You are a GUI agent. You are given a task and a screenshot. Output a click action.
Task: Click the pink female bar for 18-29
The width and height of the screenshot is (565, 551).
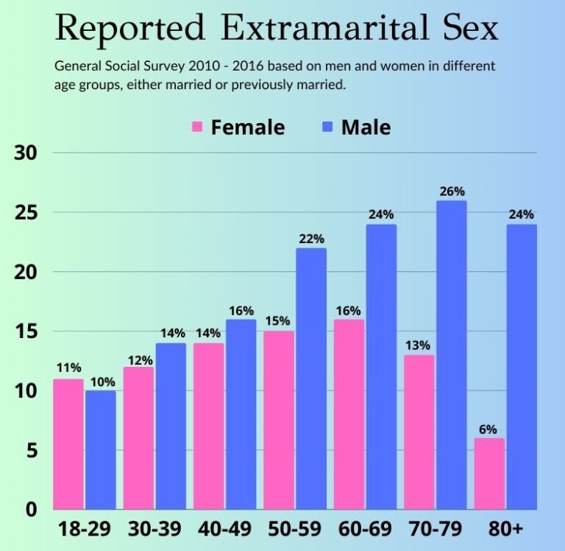(x=68, y=444)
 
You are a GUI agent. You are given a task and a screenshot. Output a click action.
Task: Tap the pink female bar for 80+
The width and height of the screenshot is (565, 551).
(x=489, y=474)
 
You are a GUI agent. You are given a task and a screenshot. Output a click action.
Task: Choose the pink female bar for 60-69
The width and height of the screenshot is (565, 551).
(x=349, y=414)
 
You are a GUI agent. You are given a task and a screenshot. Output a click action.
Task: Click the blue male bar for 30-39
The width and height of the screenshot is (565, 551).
(x=170, y=426)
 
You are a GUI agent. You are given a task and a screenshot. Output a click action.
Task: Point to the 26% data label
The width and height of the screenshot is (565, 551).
(x=452, y=192)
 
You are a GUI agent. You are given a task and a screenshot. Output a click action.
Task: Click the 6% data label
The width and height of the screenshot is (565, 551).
(x=489, y=429)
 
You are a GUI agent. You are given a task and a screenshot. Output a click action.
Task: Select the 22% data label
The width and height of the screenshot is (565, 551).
(x=311, y=239)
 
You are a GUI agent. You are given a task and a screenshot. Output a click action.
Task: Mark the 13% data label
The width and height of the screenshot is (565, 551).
(x=419, y=345)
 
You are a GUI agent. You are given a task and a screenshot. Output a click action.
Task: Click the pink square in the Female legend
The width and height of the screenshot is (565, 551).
(x=197, y=127)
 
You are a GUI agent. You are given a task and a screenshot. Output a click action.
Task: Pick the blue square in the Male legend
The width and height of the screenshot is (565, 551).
(x=327, y=127)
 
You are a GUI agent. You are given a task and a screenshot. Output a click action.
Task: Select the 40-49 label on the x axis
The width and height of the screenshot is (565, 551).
(x=224, y=530)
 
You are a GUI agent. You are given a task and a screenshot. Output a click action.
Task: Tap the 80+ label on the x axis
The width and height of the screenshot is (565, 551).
(x=506, y=530)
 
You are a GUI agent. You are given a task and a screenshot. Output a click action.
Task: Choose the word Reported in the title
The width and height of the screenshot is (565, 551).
(x=130, y=29)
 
